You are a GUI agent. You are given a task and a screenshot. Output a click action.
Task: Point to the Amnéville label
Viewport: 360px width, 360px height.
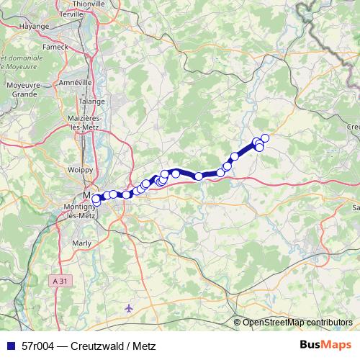pyautogui.click(x=75, y=83)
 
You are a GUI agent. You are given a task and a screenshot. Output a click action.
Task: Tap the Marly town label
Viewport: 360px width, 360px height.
pyautogui.click(x=83, y=243)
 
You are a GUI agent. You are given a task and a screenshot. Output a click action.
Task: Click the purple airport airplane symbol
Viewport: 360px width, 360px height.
pyautogui.click(x=129, y=308)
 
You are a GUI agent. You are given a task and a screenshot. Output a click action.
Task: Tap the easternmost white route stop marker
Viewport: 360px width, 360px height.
pyautogui.click(x=265, y=138)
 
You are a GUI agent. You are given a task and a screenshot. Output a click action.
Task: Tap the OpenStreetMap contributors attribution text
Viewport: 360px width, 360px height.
pyautogui.click(x=297, y=323)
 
